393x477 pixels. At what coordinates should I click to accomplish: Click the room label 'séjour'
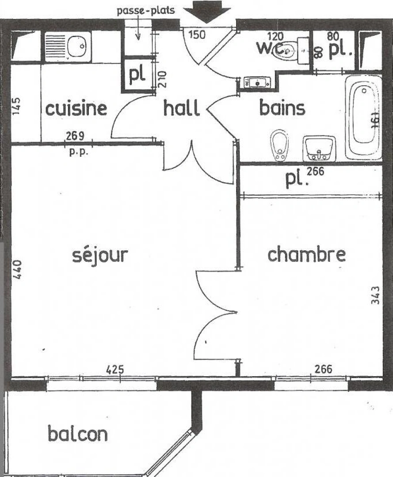[100, 255]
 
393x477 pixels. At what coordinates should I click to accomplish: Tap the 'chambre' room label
[306, 254]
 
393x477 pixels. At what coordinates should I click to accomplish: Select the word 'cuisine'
[76, 108]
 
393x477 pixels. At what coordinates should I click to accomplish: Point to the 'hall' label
[181, 108]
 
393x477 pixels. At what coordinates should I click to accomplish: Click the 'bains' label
[282, 108]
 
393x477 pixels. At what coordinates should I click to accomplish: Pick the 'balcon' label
[77, 434]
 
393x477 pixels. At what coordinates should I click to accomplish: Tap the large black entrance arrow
[207, 11]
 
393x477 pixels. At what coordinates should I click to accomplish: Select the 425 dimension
[115, 369]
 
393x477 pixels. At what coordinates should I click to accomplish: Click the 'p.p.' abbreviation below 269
[79, 152]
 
